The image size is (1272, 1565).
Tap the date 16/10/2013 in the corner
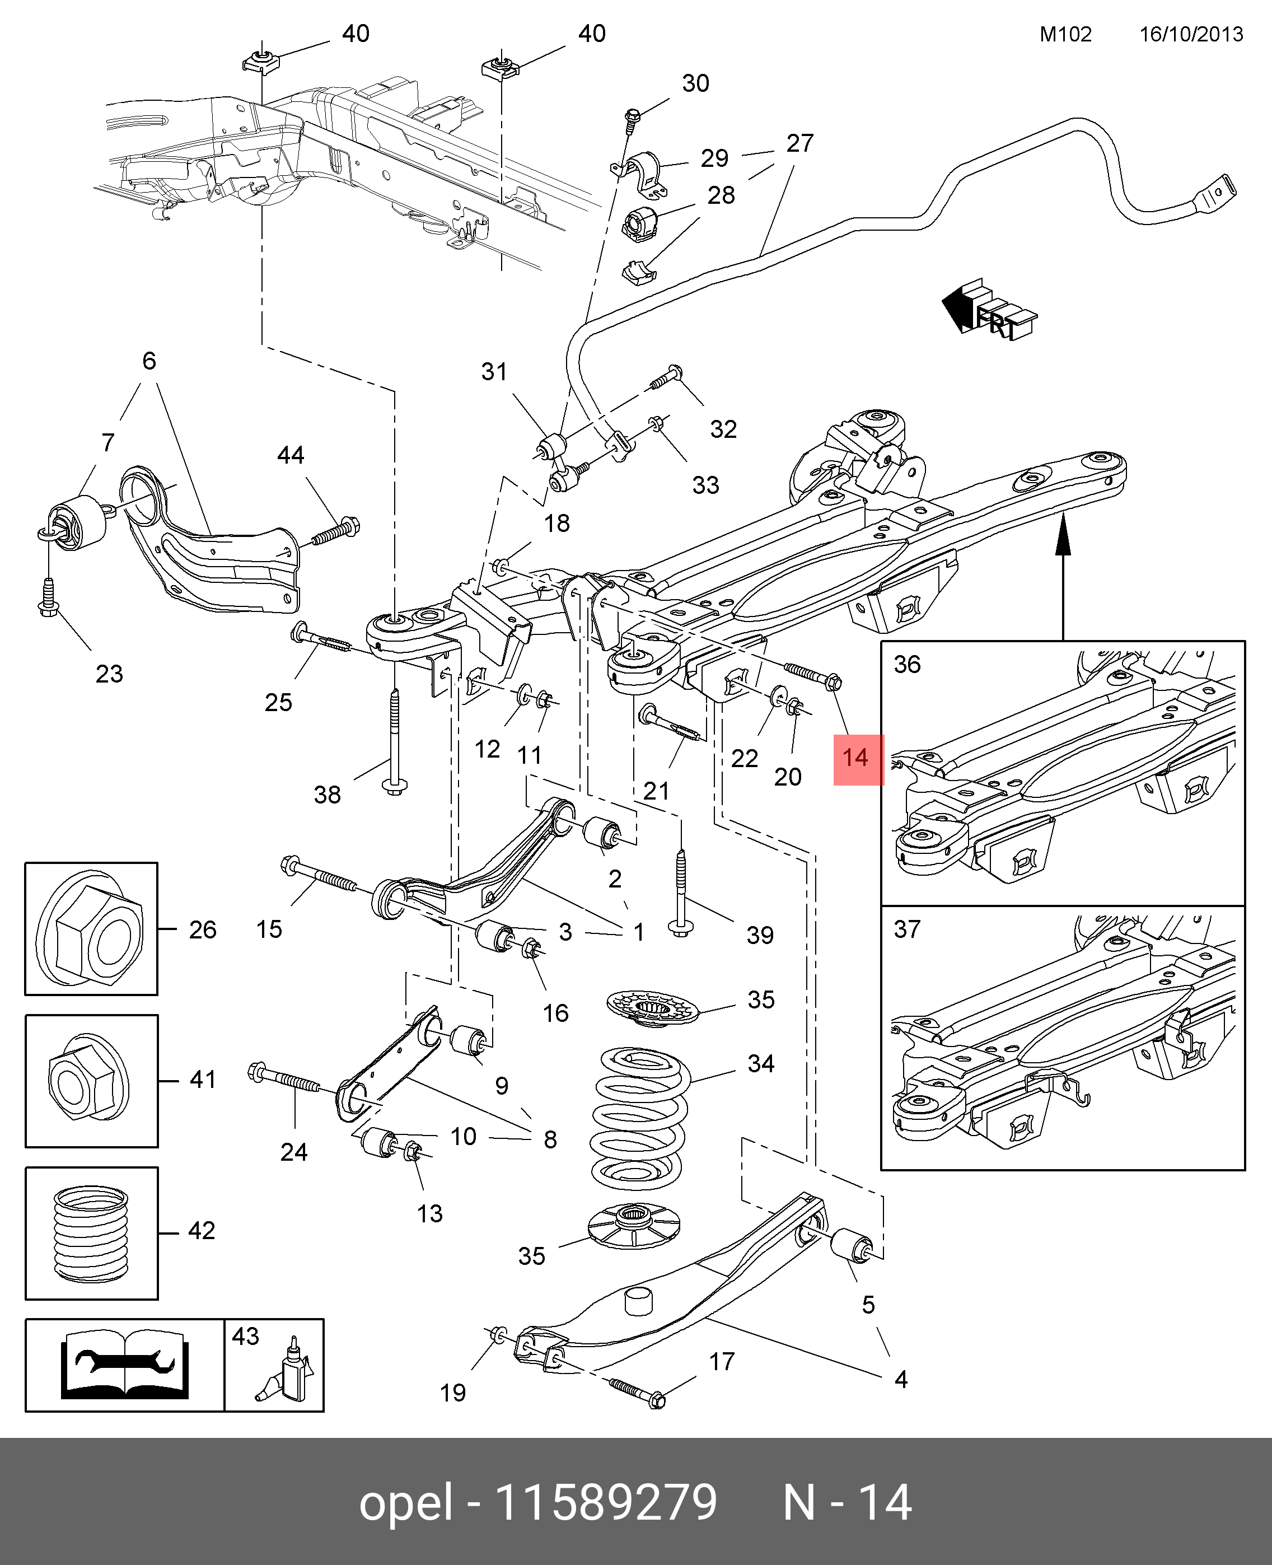pos(1191,35)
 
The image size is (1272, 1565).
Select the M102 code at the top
pos(1065,35)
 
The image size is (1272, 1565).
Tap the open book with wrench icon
pos(124,1364)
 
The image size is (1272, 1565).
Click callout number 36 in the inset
pos(907,665)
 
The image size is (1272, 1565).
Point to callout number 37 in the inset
pos(907,929)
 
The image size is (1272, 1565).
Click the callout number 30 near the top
pos(695,83)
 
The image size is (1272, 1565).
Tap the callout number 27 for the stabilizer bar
pos(799,143)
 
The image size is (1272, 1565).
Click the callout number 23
pos(109,674)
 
